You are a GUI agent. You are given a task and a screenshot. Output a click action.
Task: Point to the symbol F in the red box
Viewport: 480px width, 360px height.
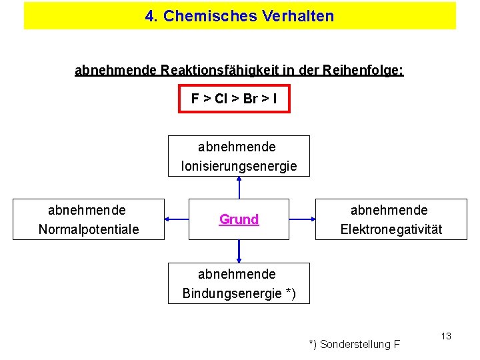195,99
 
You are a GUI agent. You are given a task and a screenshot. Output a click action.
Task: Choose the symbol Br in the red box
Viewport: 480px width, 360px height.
251,99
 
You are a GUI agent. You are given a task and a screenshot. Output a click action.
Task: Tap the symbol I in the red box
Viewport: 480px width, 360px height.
275,99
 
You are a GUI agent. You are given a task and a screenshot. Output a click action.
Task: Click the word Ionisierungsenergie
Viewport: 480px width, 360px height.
239,166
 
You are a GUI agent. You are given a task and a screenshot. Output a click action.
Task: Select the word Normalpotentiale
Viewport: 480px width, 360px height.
89,229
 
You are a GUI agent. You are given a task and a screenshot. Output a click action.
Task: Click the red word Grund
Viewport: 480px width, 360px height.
239,219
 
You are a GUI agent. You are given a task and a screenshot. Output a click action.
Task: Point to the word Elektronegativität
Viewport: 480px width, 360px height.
391,229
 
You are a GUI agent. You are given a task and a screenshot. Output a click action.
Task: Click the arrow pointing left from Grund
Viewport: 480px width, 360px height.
177,219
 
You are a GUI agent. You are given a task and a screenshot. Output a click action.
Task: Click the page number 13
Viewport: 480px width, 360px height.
446,335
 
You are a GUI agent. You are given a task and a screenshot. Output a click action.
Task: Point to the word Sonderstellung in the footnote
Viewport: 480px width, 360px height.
355,345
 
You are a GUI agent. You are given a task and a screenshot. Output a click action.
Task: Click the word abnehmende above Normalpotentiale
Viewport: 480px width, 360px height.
87,210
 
